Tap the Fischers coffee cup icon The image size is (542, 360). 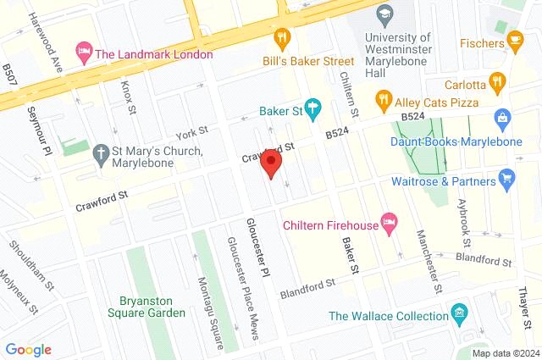coord(515,41)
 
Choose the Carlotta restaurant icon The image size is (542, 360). coord(497,83)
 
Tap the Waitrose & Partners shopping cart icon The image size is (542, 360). coord(507,177)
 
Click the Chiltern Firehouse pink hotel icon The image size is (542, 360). coord(389,222)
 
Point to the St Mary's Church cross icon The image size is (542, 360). coord(102,152)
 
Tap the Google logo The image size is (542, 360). coord(28,349)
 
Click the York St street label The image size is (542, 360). coord(191,133)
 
